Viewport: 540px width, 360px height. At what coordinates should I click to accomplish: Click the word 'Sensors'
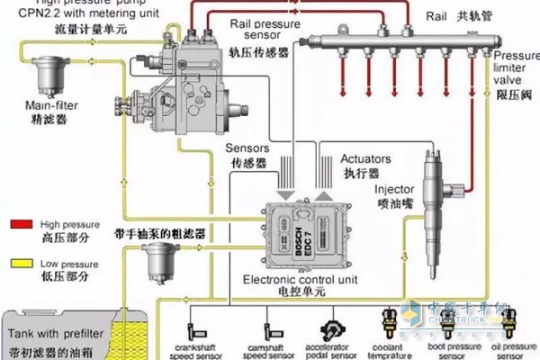point(247,148)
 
